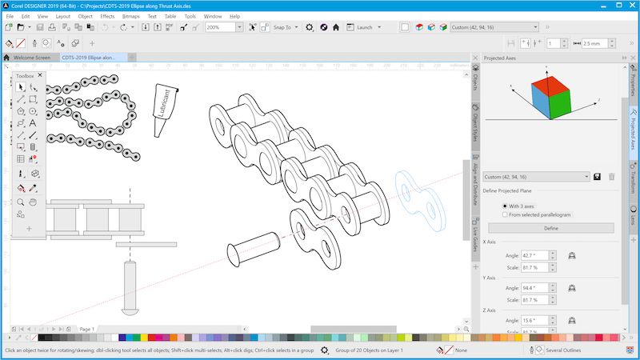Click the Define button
pos(551,228)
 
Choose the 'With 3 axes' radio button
pos(505,206)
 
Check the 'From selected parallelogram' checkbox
pos(505,214)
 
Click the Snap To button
pos(281,27)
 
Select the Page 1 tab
pos(86,329)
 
